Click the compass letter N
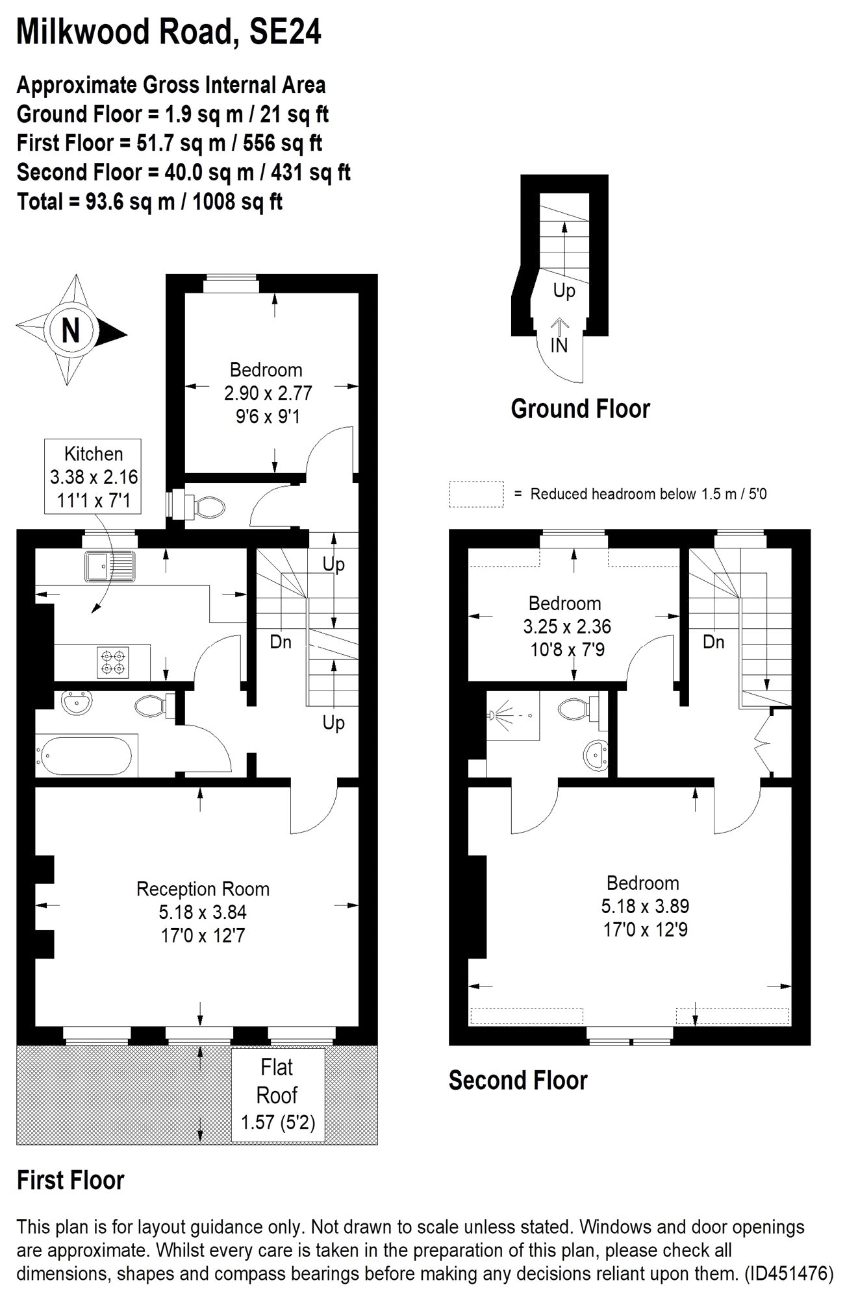click(x=71, y=330)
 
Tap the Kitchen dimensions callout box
click(x=93, y=476)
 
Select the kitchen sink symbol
click(x=109, y=566)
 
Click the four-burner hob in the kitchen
click(x=113, y=662)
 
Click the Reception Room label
click(x=203, y=889)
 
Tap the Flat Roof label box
click(x=277, y=1095)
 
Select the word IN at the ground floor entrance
click(x=559, y=345)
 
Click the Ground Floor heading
click(x=580, y=409)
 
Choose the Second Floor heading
click(x=518, y=1081)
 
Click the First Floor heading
click(x=70, y=1180)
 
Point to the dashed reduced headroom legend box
click(x=476, y=494)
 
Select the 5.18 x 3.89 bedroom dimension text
click(x=645, y=906)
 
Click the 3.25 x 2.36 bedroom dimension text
click(x=567, y=627)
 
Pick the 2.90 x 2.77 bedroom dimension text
click(x=268, y=393)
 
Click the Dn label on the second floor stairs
click(x=713, y=642)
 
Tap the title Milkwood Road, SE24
click(x=169, y=31)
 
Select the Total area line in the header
click(x=149, y=201)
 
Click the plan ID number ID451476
click(x=789, y=1273)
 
